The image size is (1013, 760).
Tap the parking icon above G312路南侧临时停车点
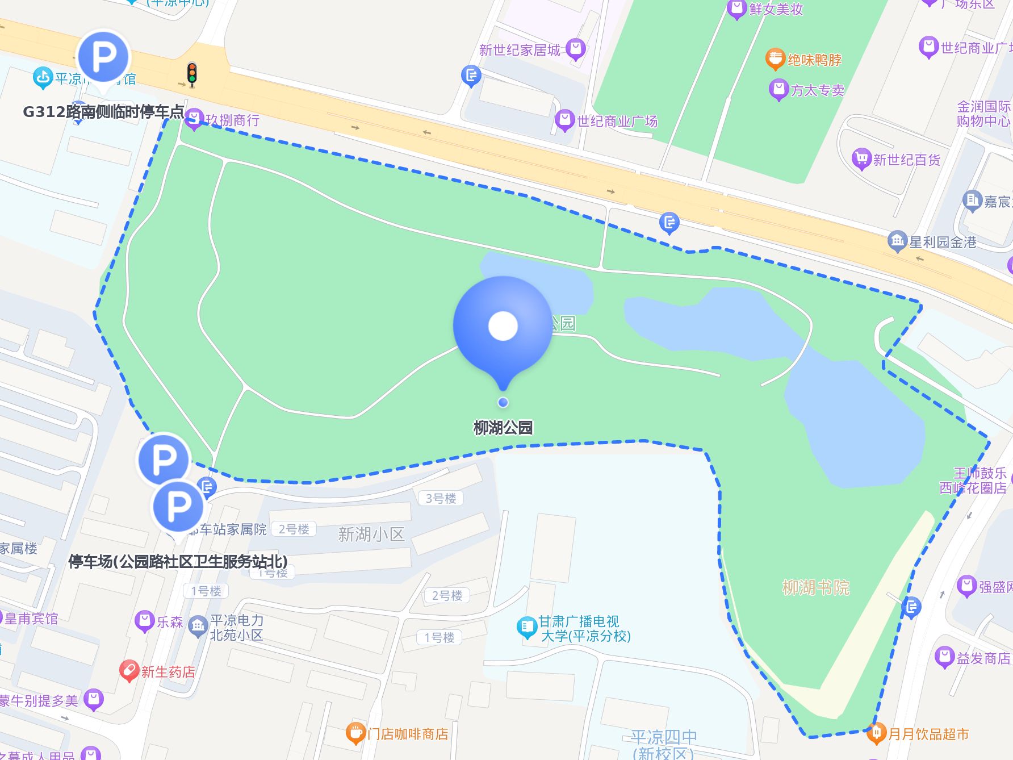pos(104,57)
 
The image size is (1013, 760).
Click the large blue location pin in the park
pos(503,327)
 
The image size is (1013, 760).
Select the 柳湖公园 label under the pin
pos(503,428)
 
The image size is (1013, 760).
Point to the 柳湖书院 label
pos(815,587)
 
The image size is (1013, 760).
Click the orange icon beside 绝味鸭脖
pos(775,59)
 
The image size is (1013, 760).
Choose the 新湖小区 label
pos(371,534)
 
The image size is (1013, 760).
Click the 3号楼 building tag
pos(441,498)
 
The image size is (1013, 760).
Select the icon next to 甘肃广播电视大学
pos(526,627)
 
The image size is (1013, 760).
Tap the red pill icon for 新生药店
pos(129,671)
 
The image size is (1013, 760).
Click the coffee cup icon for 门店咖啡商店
pos(355,733)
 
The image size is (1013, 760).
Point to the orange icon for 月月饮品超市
pos(876,733)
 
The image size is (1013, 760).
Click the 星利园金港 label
pos(943,243)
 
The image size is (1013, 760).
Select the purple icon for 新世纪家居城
pos(575,49)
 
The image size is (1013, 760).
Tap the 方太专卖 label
pos(817,90)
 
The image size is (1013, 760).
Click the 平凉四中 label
pos(664,737)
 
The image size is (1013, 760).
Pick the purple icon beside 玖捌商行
pos(194,119)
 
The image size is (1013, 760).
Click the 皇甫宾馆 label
pos(31,619)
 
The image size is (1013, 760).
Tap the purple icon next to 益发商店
pos(944,657)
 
